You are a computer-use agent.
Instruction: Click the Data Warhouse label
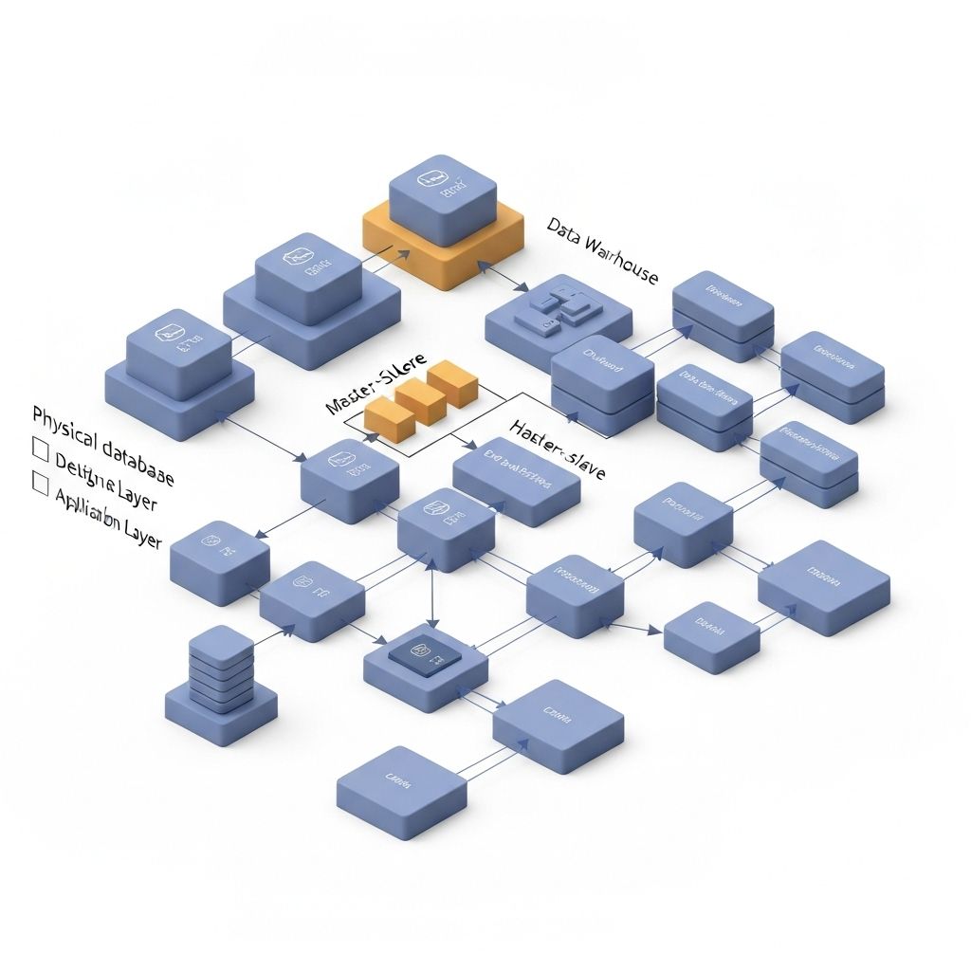coord(603,249)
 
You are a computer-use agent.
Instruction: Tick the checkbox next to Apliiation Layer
coord(40,484)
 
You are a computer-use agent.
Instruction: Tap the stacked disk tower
coord(222,669)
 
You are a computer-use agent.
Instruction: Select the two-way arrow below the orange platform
coord(509,278)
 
